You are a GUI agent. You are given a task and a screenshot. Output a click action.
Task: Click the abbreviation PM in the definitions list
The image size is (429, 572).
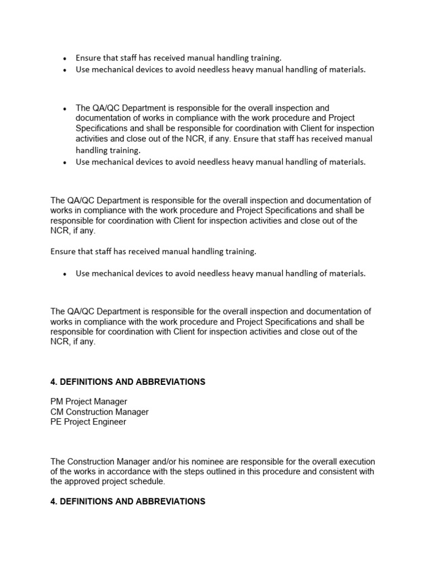click(x=56, y=402)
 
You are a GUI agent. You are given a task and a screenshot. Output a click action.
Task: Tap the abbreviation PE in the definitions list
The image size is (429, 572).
click(x=56, y=422)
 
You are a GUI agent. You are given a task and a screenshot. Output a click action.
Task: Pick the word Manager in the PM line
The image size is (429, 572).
click(x=111, y=402)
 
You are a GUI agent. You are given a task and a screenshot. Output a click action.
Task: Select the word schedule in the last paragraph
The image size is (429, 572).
click(x=151, y=482)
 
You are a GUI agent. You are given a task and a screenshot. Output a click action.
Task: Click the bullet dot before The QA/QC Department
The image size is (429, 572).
click(x=65, y=108)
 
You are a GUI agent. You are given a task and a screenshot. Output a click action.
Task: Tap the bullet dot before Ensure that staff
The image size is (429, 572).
click(x=65, y=58)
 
